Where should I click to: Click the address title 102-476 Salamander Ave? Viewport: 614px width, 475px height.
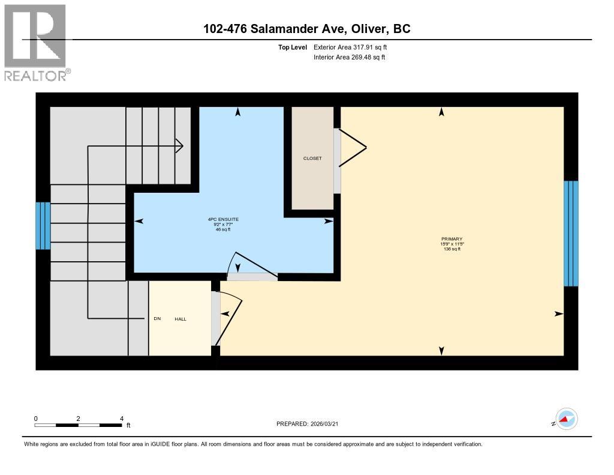coord(306,29)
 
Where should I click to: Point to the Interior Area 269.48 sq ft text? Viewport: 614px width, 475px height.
coord(349,58)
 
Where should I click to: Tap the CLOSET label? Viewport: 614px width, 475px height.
coord(312,159)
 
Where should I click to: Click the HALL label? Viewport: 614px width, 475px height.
coord(180,319)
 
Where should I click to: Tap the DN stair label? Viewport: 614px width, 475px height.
coord(157,319)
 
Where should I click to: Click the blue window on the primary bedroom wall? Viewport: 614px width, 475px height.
coord(571,233)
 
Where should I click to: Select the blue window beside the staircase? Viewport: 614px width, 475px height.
coord(43,226)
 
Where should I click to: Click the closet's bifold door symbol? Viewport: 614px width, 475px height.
coord(353,147)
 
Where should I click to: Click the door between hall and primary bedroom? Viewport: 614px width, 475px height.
coord(230,318)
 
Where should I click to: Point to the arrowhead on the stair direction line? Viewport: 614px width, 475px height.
coord(179,145)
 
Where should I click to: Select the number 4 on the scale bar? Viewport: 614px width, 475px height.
coord(122,419)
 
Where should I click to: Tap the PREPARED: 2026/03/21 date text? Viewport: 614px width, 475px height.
coord(311,424)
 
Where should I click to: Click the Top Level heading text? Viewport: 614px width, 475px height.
coord(293,47)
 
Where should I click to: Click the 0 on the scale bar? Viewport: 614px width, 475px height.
coord(36,419)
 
